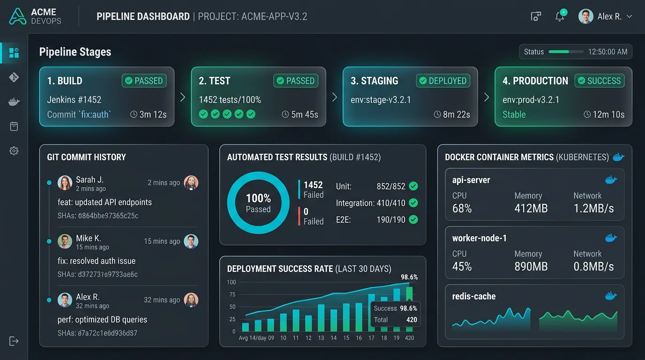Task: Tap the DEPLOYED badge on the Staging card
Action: pyautogui.click(x=442, y=81)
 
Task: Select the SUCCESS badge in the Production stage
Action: pyautogui.click(x=599, y=81)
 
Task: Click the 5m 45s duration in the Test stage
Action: pyautogui.click(x=300, y=114)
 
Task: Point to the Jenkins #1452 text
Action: pyautogui.click(x=74, y=99)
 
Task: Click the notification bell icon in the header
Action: pyautogui.click(x=559, y=17)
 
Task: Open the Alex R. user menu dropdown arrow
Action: pyautogui.click(x=630, y=16)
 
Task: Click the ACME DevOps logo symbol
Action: pyautogui.click(x=17, y=16)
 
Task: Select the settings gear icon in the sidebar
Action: pyautogui.click(x=14, y=150)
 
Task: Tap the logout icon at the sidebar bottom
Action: pyautogui.click(x=14, y=341)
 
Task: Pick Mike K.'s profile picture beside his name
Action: pyautogui.click(x=65, y=241)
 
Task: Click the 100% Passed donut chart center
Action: pyautogui.click(x=258, y=202)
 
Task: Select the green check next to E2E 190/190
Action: pyautogui.click(x=413, y=219)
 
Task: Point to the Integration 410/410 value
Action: pyautogui.click(x=391, y=203)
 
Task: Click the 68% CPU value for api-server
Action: pyautogui.click(x=462, y=209)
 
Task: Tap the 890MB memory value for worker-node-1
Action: pyautogui.click(x=531, y=267)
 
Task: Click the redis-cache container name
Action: pyautogui.click(x=473, y=296)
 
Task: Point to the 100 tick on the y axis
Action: pyautogui.click(x=231, y=282)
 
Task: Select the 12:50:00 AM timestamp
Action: pyautogui.click(x=607, y=52)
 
